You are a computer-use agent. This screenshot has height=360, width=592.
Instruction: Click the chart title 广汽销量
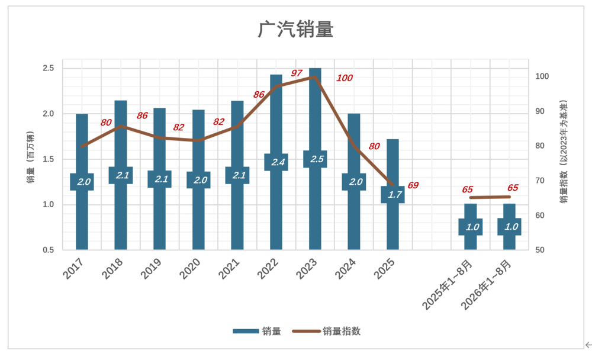click(x=295, y=29)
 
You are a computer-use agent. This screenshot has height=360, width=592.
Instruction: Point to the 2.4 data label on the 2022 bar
click(x=278, y=162)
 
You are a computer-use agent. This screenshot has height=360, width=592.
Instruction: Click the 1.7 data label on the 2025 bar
click(x=394, y=195)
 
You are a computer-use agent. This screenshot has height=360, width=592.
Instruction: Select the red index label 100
click(x=345, y=78)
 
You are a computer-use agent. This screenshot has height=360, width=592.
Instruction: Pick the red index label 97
click(x=297, y=73)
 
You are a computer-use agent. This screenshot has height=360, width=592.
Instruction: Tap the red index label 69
click(x=413, y=185)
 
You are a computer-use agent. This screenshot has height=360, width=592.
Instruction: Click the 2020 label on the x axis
click(x=190, y=269)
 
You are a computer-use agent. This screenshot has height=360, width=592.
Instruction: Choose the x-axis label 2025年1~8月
click(x=448, y=285)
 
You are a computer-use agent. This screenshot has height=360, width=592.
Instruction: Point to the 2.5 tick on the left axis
click(x=49, y=68)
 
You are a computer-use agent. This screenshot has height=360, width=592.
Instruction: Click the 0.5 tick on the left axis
click(x=49, y=250)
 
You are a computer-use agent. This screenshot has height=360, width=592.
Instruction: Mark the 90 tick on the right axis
click(x=540, y=111)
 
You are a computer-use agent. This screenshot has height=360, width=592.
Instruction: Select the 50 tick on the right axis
click(x=540, y=250)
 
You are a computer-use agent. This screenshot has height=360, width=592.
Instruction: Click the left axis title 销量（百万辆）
click(x=31, y=157)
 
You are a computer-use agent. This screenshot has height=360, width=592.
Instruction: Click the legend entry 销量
click(x=257, y=332)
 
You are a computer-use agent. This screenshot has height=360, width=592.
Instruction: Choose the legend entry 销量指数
click(x=326, y=332)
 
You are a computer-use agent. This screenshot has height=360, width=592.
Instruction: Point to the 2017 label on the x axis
click(x=73, y=269)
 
